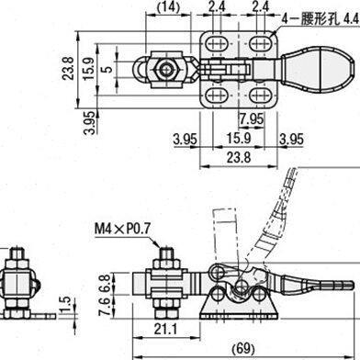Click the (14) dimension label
pos(168,6)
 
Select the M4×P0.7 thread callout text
pos(123,229)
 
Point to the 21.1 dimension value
pos(165,330)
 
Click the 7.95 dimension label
pos(252,118)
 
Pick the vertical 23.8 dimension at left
pos(68,68)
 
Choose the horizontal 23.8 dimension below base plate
pos(239,158)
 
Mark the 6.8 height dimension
pos(105,282)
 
